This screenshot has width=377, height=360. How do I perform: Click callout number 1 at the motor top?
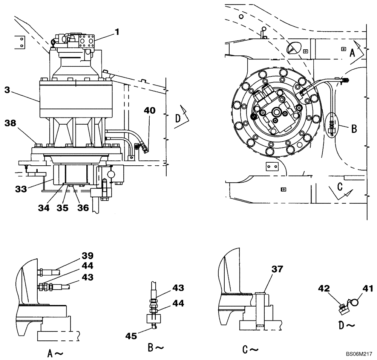(117, 32)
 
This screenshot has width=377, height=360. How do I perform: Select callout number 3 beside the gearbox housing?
(8, 90)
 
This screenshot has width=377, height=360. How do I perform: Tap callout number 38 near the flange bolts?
(11, 123)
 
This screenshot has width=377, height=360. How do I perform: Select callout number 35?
(63, 208)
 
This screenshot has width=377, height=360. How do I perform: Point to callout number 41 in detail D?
(368, 289)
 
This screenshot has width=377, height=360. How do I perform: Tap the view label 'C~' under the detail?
(250, 349)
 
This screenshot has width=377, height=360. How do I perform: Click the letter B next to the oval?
(354, 128)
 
